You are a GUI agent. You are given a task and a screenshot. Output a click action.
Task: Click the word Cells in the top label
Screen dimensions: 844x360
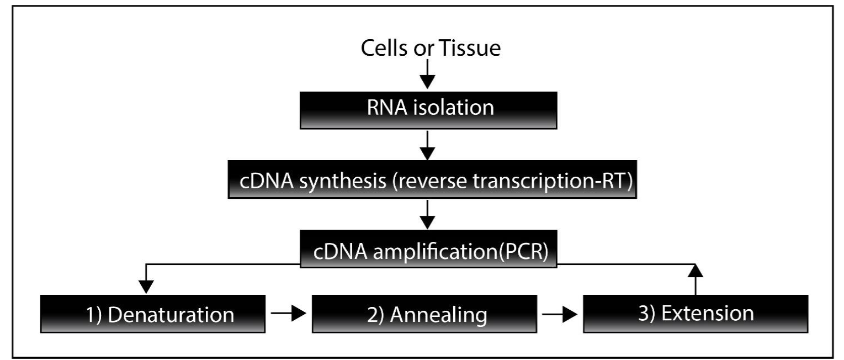pos(384,48)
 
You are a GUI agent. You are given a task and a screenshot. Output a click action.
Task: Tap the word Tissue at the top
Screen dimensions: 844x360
pos(470,48)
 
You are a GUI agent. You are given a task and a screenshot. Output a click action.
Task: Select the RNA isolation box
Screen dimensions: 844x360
pos(428,110)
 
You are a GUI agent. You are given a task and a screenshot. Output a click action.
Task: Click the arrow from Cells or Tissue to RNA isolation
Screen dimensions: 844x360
pos(427,74)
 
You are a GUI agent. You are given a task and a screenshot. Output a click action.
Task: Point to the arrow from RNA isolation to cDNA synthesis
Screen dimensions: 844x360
pos(427,146)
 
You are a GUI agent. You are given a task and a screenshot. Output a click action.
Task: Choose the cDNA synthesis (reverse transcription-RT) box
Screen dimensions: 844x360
pos(432,179)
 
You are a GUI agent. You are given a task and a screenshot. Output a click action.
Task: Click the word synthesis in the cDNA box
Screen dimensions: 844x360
pos(343,182)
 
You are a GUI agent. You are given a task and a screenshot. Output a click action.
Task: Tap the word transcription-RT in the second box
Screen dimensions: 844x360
pos(552,182)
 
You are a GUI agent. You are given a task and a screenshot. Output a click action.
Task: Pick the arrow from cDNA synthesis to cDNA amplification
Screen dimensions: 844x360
pos(427,214)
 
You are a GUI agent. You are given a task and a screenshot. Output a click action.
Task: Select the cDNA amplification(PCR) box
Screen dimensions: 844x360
pos(428,249)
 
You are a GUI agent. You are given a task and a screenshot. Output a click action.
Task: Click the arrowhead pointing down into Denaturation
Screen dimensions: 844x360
pos(146,287)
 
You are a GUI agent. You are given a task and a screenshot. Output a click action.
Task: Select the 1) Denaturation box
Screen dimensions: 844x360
pos(152,314)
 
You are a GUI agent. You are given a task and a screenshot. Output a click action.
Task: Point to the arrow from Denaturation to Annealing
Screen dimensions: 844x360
pos(288,313)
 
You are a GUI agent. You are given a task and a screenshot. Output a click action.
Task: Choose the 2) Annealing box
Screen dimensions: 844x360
pos(424,314)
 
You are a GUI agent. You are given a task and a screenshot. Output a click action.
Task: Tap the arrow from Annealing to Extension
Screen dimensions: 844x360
pos(560,313)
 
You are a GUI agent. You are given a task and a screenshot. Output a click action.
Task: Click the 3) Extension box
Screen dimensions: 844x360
pos(696,314)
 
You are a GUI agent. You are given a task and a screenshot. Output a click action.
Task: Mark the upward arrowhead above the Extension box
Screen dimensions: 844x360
pos(696,271)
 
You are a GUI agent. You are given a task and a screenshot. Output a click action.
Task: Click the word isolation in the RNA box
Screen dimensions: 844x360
pos(454,108)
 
